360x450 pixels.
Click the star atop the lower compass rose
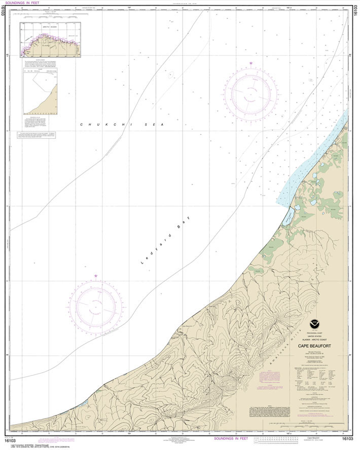pos(95,276)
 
